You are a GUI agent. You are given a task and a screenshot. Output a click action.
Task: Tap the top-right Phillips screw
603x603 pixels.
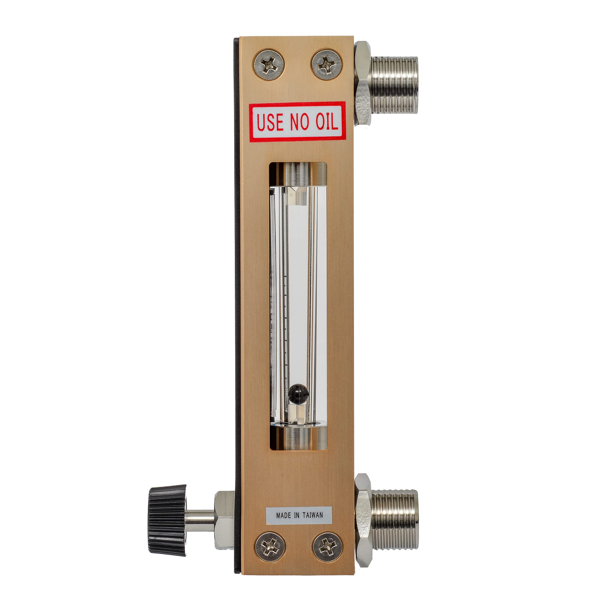point(326,64)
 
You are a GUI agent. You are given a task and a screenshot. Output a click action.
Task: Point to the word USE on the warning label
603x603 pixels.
point(270,122)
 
